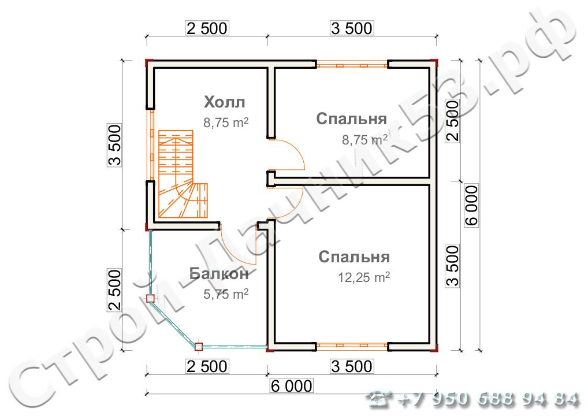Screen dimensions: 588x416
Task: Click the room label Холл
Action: point(224,102)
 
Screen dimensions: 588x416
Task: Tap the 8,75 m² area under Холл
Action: point(226,122)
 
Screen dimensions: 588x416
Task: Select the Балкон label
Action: point(219,273)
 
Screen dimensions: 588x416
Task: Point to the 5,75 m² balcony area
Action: point(226,294)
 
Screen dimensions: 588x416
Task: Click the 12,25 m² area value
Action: point(364,277)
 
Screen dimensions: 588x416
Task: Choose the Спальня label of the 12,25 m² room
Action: point(354,257)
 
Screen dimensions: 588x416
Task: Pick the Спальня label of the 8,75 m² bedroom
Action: point(351,118)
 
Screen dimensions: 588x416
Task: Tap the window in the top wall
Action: point(352,65)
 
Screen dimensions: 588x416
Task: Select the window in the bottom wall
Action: point(352,347)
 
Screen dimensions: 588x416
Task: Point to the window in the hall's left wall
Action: point(151,144)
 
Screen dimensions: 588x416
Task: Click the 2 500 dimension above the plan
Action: point(207,28)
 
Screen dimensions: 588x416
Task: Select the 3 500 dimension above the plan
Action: point(352,28)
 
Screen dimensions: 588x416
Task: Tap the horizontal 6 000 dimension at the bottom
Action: point(291,386)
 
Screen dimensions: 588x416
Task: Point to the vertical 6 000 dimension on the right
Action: point(472,205)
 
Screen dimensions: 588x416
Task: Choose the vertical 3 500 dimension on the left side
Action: point(115,145)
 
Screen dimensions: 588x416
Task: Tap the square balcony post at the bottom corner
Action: point(199,346)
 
